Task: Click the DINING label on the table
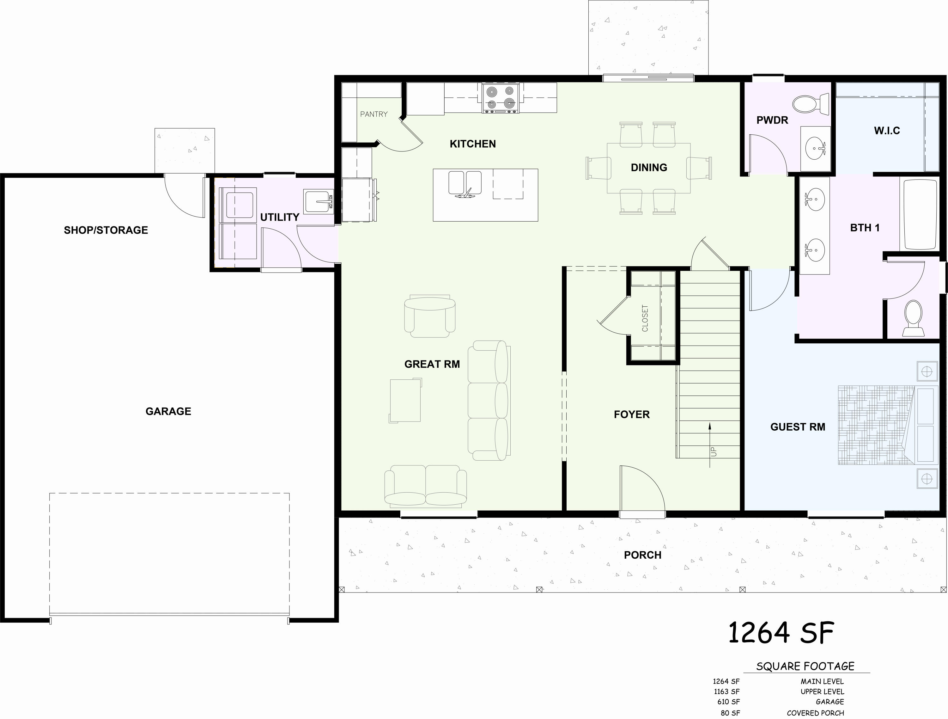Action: coord(648,168)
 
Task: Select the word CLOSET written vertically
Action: coord(645,318)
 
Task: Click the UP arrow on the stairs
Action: coord(710,446)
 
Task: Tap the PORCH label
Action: coord(642,555)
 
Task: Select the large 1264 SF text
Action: coord(781,633)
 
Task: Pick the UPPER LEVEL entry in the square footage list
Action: coord(822,691)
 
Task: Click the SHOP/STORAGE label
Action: coord(106,230)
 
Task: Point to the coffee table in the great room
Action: coord(405,400)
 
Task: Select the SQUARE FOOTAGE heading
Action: coord(805,666)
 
